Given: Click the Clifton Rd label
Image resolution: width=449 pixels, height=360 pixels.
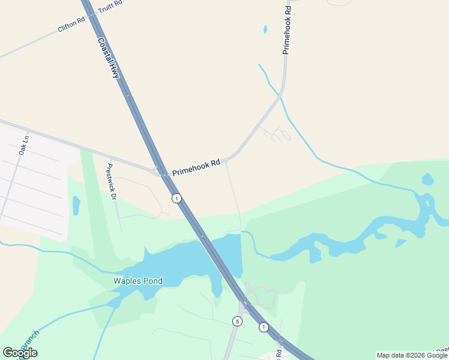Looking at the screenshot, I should [70, 25].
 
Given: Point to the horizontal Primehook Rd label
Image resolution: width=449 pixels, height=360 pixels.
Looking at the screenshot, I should [196, 167].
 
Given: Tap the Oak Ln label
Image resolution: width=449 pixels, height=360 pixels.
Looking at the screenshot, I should [23, 145].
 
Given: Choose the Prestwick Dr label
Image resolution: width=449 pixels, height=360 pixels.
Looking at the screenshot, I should [110, 181].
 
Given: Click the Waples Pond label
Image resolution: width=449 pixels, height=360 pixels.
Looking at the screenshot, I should [139, 281].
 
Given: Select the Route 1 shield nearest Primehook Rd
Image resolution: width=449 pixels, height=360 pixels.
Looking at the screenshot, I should [176, 198].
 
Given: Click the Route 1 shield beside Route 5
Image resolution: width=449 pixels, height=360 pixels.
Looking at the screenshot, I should [264, 327].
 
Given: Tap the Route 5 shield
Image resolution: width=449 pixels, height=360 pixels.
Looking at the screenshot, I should [237, 322].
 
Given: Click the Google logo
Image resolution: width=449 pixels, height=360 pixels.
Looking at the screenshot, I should [20, 353].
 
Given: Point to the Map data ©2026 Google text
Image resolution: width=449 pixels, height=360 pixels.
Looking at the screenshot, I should [412, 355].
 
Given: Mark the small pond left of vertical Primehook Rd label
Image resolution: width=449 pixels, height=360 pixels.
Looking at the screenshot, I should [265, 29].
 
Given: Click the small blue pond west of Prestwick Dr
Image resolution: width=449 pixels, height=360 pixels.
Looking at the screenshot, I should [76, 205].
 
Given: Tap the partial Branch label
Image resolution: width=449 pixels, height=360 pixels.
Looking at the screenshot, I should [27, 345].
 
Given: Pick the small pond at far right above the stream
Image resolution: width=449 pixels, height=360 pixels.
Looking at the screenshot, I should [427, 179].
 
